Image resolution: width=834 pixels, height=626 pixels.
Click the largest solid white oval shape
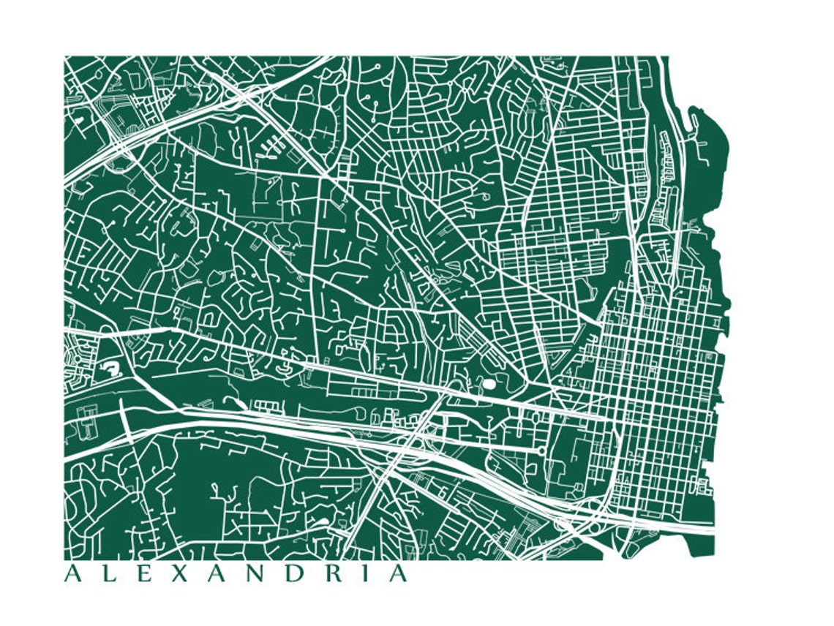pyautogui.click(x=488, y=383)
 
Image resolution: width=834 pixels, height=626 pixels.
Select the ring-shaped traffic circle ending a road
pyautogui.click(x=541, y=451)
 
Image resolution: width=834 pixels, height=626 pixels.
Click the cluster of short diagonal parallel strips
pyautogui.click(x=270, y=148)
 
